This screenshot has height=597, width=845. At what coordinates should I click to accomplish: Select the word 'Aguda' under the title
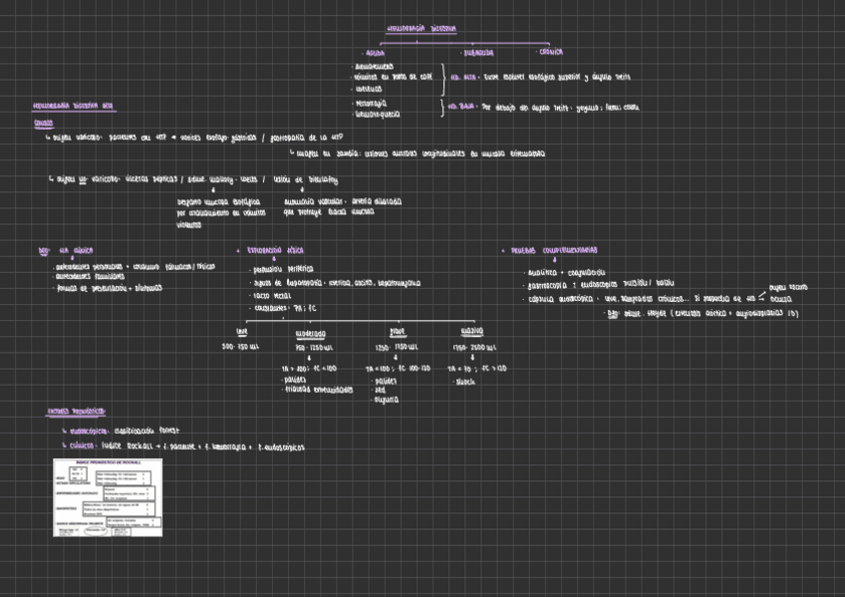pyautogui.click(x=374, y=52)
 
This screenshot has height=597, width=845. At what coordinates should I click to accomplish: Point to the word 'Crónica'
pyautogui.click(x=551, y=51)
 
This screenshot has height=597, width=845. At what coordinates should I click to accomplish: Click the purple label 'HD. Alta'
pyautogui.click(x=462, y=76)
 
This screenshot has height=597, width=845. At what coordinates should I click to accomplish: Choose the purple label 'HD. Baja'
pyautogui.click(x=461, y=107)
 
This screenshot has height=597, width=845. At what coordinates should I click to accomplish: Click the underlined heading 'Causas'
pyautogui.click(x=43, y=124)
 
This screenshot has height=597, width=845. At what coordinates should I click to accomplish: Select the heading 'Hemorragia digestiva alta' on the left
pyautogui.click(x=73, y=105)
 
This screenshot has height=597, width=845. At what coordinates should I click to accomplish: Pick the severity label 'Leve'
pyautogui.click(x=241, y=332)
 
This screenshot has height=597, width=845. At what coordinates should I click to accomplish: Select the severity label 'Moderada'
pyautogui.click(x=311, y=333)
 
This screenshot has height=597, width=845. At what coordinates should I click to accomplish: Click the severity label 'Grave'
pyautogui.click(x=397, y=332)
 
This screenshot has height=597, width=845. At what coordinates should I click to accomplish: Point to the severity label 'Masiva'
pyautogui.click(x=472, y=332)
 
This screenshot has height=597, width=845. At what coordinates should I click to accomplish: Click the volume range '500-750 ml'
pyautogui.click(x=240, y=346)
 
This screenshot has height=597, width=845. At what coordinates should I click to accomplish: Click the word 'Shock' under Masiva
pyautogui.click(x=464, y=381)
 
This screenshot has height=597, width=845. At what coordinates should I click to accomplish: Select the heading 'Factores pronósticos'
pyautogui.click(x=78, y=411)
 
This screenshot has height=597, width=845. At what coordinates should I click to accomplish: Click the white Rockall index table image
pyautogui.click(x=107, y=497)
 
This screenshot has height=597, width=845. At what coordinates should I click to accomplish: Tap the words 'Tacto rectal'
pyautogui.click(x=271, y=296)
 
